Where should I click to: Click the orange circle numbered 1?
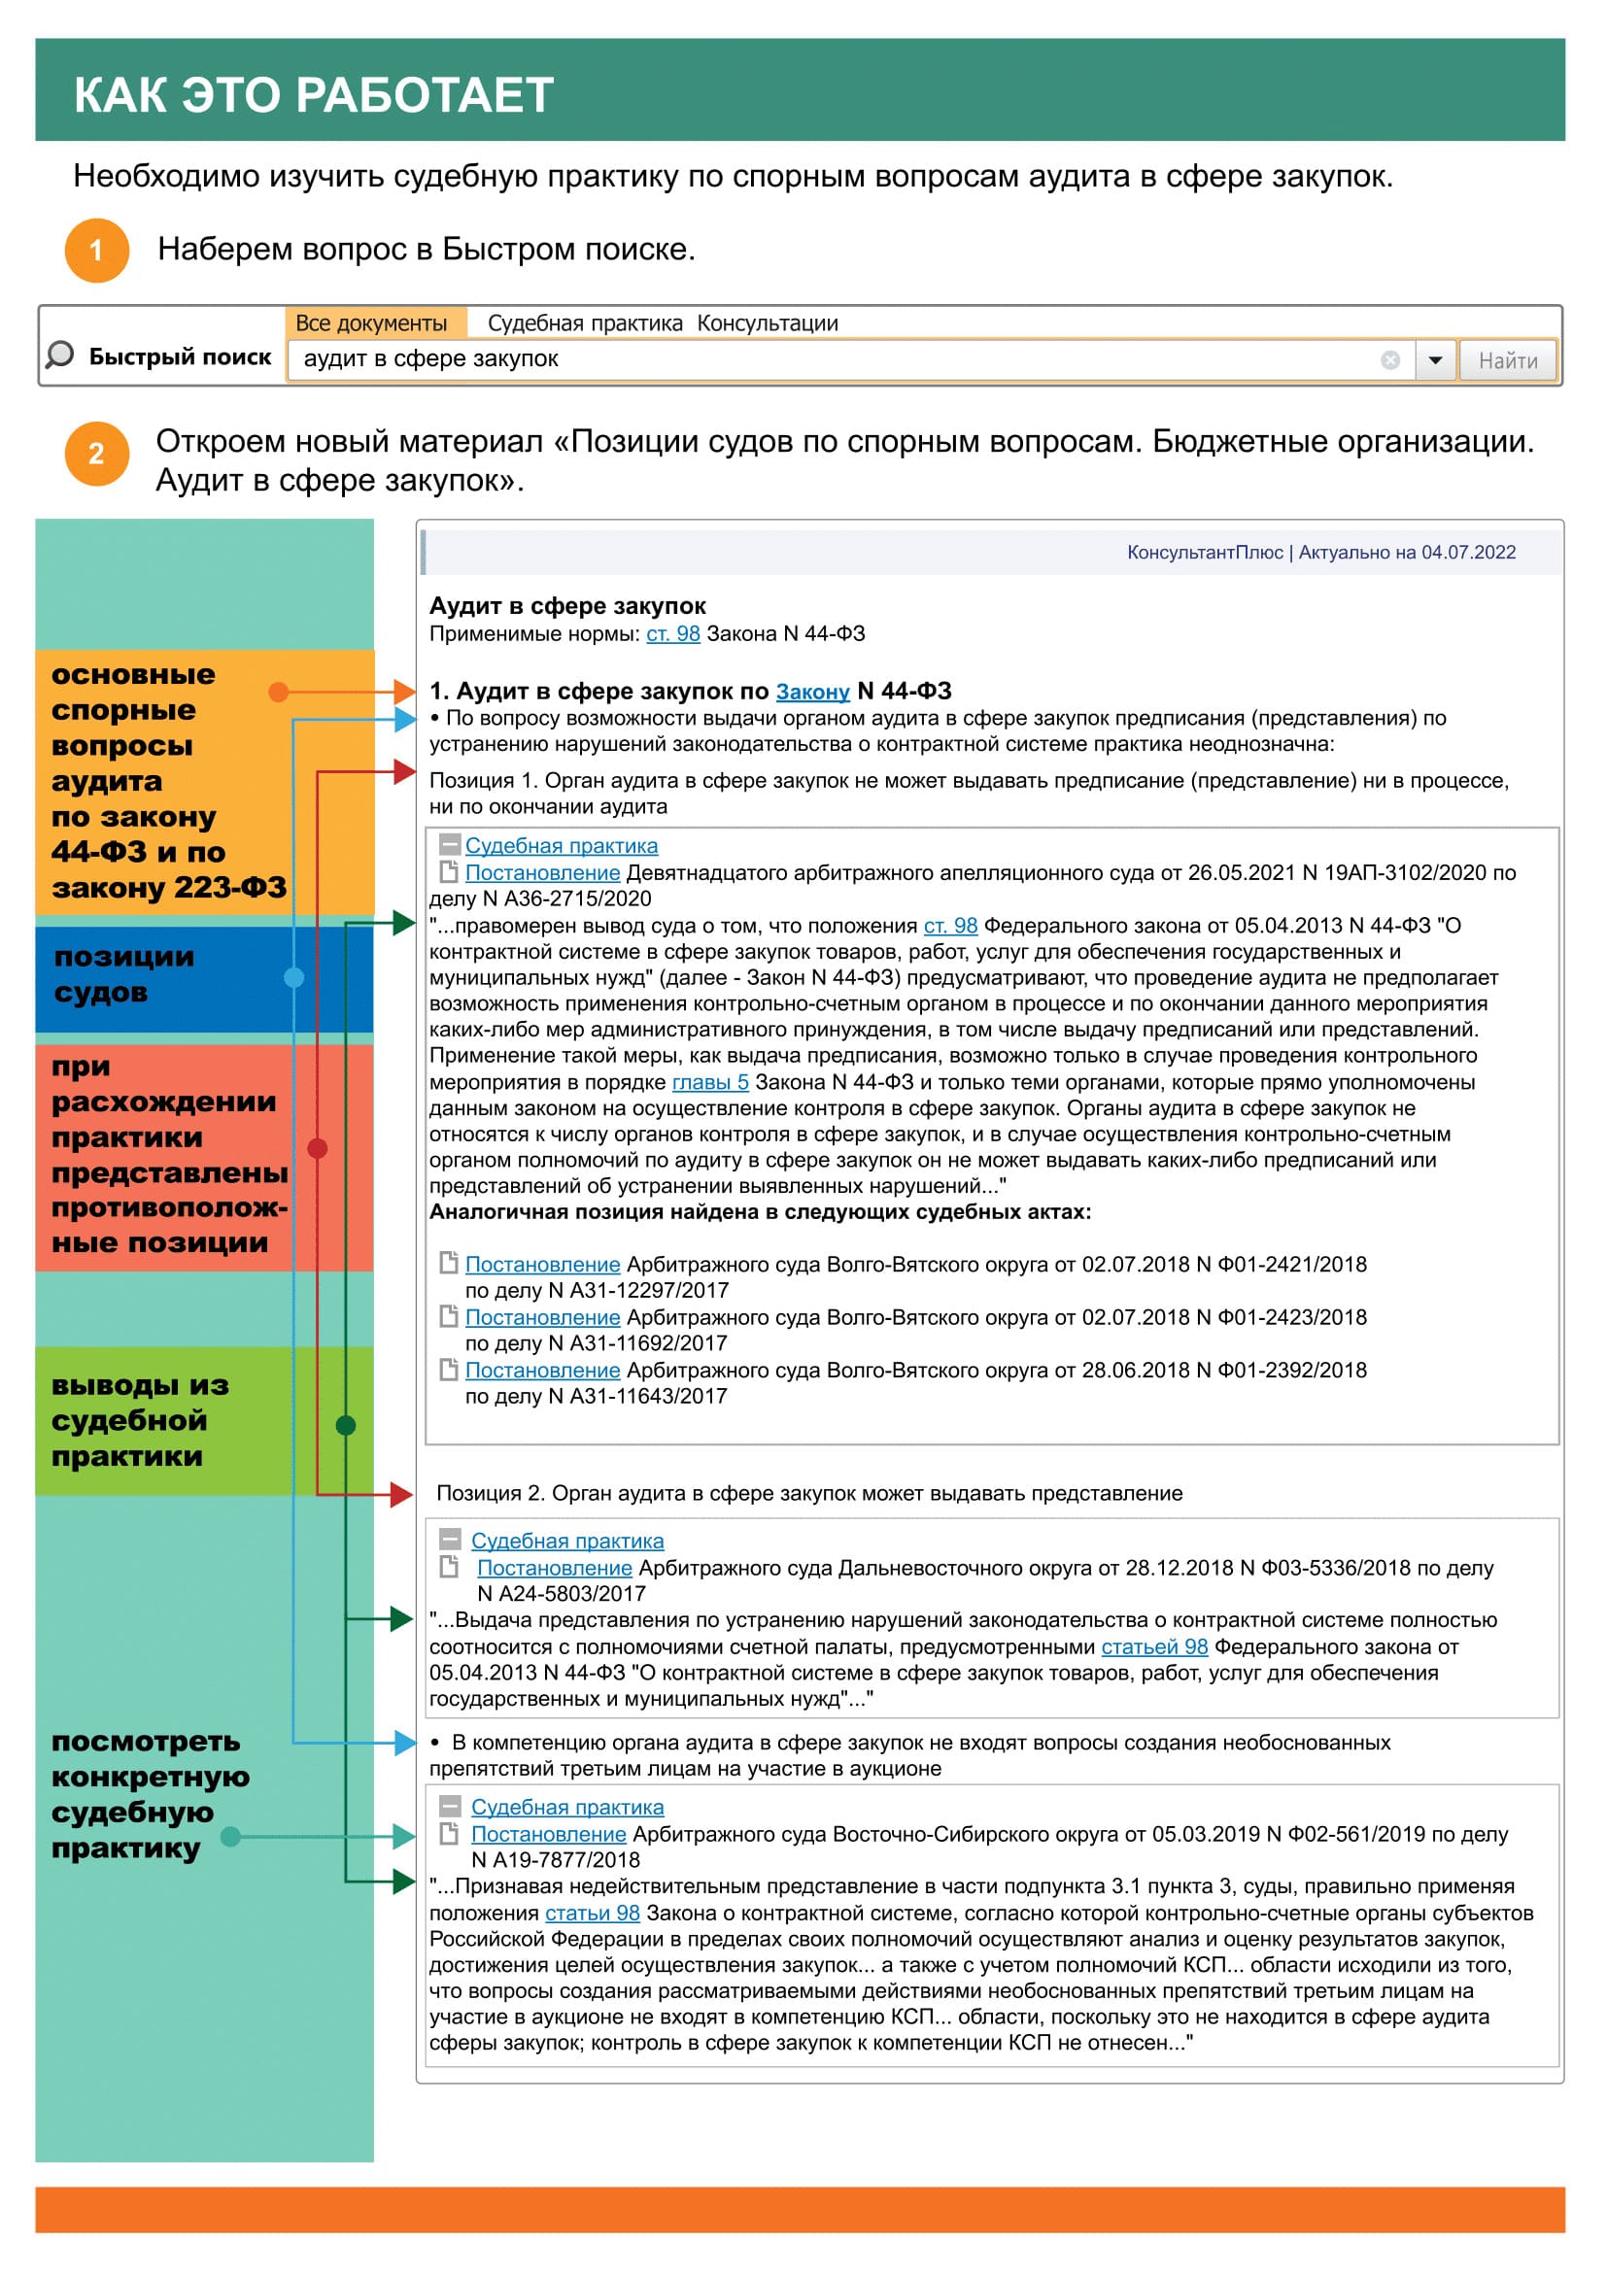97,251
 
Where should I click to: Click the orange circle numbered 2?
97,455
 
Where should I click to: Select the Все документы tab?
371,323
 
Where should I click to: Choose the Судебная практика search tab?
585,323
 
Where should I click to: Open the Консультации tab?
767,323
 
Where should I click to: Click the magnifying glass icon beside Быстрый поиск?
60,356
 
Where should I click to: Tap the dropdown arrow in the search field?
1435,360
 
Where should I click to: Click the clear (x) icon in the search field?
1390,360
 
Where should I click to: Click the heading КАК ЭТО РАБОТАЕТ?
314,95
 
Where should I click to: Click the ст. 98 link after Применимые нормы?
673,633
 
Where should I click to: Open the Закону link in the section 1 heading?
812,692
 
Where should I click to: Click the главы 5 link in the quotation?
710,1081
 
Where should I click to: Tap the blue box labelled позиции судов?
204,976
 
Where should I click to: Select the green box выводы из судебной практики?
204,1420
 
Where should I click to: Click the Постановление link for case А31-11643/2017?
542,1370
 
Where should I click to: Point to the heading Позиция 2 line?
808,1493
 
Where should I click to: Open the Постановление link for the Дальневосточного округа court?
554,1568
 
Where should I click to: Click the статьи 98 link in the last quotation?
592,1913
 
